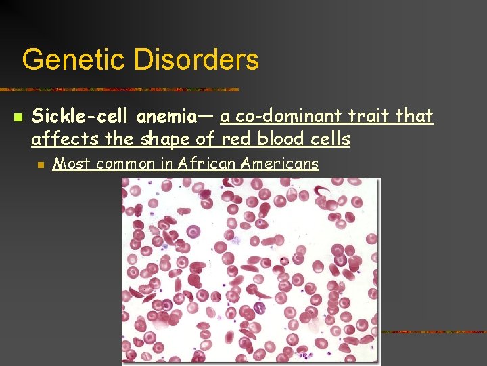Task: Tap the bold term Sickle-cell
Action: pyautogui.click(x=81, y=117)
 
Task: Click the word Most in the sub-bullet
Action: pyautogui.click(x=70, y=163)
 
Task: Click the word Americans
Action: pyautogui.click(x=278, y=163)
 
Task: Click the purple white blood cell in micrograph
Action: pyautogui.click(x=259, y=310)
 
